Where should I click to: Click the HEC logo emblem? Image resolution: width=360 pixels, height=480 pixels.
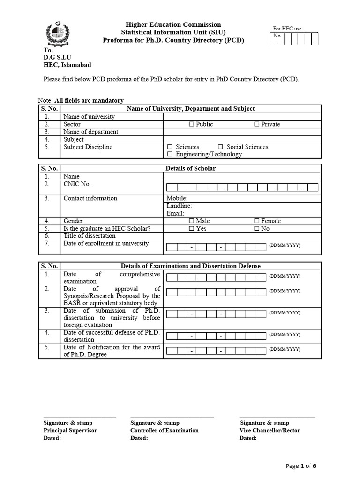[x=57, y=34]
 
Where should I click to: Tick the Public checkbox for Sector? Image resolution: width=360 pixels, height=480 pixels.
[x=191, y=124]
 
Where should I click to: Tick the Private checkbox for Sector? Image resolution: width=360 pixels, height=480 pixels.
[x=256, y=124]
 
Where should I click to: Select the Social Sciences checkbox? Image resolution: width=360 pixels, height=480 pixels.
[x=220, y=147]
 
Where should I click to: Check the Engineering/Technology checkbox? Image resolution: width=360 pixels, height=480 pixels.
[x=170, y=154]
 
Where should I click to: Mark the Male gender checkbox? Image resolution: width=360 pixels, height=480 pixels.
[x=191, y=221]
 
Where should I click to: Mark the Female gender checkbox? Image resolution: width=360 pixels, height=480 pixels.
[x=256, y=221]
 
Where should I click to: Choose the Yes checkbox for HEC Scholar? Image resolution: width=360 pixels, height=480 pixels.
[x=191, y=228]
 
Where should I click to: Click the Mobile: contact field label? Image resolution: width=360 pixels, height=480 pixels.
[x=177, y=198]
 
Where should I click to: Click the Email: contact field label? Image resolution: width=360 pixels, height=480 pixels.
[x=175, y=213]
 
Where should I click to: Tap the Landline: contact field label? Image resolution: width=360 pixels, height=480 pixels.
[x=179, y=206]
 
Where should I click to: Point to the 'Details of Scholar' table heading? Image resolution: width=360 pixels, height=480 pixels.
[x=191, y=168]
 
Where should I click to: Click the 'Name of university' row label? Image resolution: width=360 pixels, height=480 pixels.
[x=89, y=117]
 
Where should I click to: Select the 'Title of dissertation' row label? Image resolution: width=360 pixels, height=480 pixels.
[x=90, y=236]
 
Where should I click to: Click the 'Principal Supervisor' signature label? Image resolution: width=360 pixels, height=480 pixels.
[x=70, y=430]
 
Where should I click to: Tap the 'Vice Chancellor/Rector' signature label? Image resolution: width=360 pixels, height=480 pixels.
[x=270, y=430]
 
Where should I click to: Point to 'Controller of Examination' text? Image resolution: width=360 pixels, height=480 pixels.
[x=164, y=430]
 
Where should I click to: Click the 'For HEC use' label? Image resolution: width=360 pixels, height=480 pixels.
[x=287, y=29]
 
